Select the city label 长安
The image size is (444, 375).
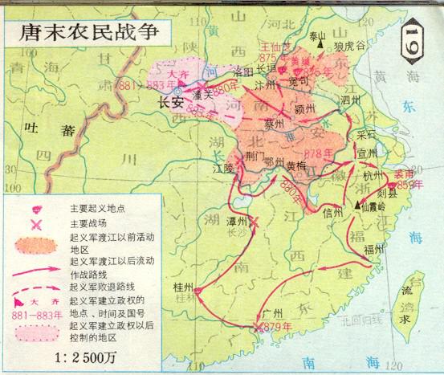pyautogui.click(x=171, y=102)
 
